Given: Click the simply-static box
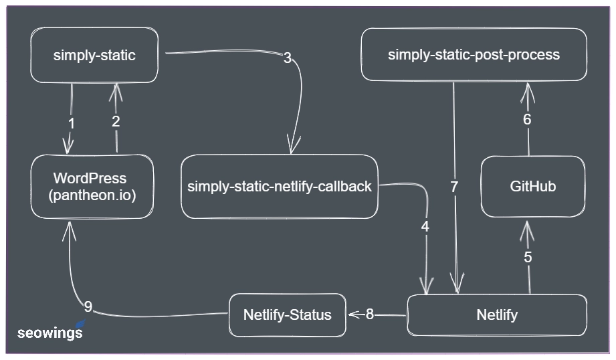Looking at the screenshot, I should pos(94,56).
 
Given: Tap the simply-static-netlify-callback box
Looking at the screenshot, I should pos(279,187).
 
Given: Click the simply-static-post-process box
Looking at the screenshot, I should pos(474,55).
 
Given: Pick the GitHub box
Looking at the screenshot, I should pos(532,187).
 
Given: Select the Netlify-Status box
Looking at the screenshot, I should pos(287,314).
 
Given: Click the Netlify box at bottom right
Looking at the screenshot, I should pos(497,314).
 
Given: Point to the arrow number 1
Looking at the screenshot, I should pos(72,124).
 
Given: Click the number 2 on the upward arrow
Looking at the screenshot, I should pos(116,121).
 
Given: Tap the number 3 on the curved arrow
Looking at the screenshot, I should pos(288,58).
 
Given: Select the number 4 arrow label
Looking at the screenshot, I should pos(425,227).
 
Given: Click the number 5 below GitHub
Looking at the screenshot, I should pos(528,257).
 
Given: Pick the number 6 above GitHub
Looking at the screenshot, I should pos(527,120).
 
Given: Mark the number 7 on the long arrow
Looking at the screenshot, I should pos(454,187).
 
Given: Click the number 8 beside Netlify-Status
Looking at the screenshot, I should pos(369,314).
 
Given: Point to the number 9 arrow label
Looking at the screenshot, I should pos(88,307).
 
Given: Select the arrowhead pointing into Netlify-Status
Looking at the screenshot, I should pos(352,314).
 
